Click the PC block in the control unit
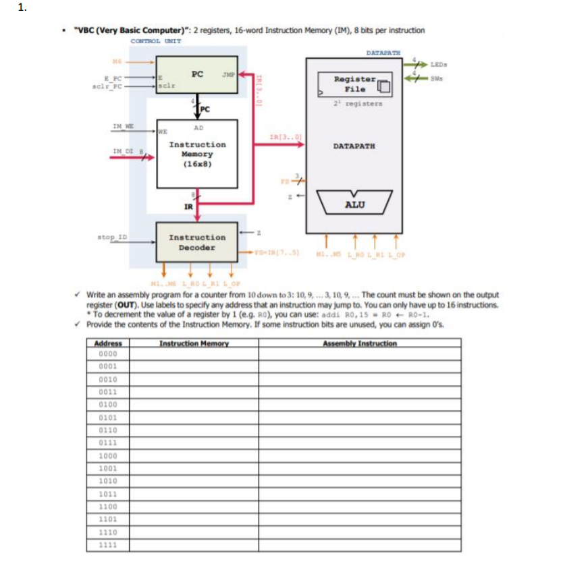coord(196,74)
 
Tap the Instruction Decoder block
coord(196,242)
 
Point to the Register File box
coord(354,84)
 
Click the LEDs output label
coord(439,64)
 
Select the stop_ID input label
coord(112,237)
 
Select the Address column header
coord(108,343)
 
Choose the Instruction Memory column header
coord(194,343)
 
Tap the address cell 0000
coord(108,353)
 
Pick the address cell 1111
coord(108,545)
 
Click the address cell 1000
coord(108,455)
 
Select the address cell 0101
coord(108,417)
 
